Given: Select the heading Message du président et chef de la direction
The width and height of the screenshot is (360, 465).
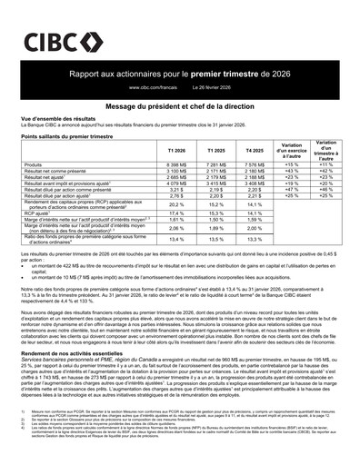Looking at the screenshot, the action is [x=179, y=106].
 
